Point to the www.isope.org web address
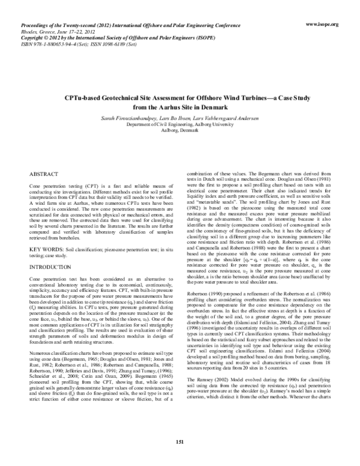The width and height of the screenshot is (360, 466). (322, 24)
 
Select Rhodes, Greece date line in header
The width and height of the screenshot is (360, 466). (60, 31)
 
